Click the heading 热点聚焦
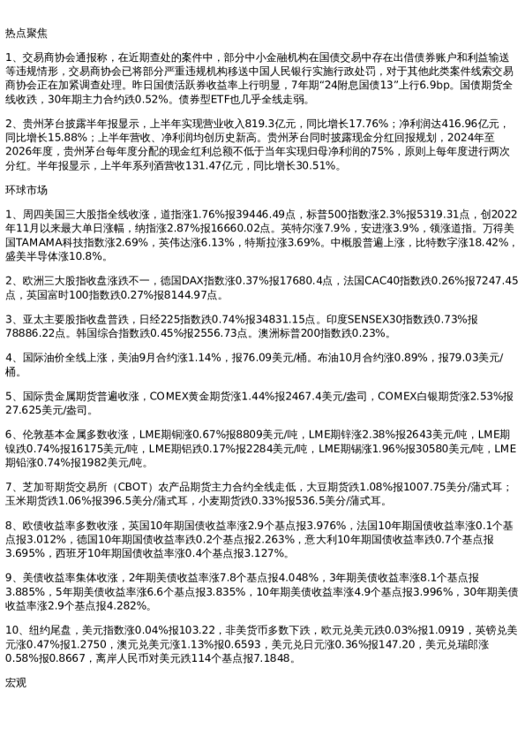(x=26, y=33)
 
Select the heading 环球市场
(x=26, y=190)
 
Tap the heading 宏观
(x=16, y=683)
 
